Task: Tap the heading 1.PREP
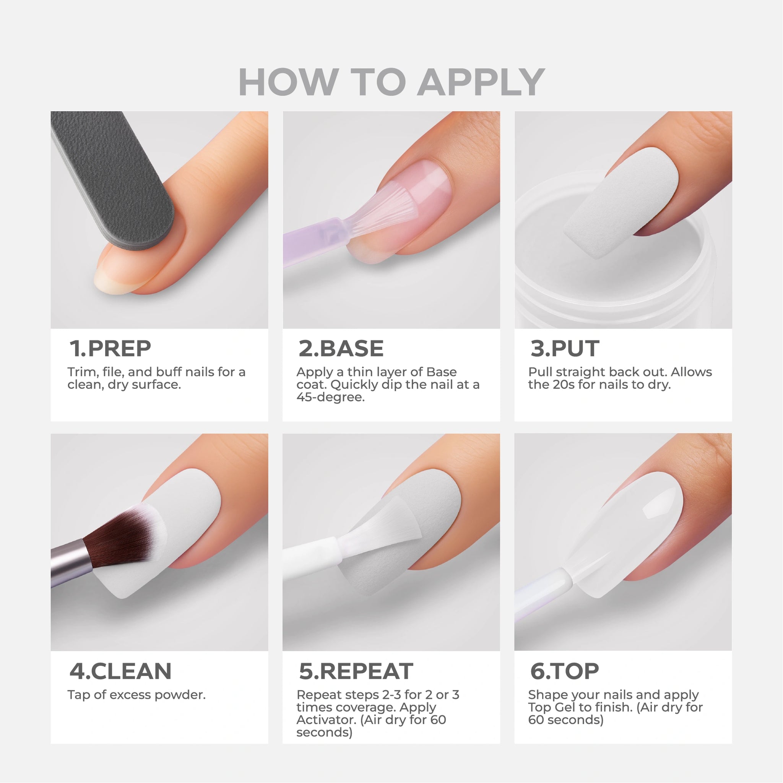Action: [x=110, y=349]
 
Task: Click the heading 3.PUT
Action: [x=565, y=349]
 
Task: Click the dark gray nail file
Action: [x=114, y=178]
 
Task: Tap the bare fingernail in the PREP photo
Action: [x=117, y=271]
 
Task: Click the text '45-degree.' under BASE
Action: [x=330, y=397]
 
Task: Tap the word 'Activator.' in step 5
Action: [x=326, y=720]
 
